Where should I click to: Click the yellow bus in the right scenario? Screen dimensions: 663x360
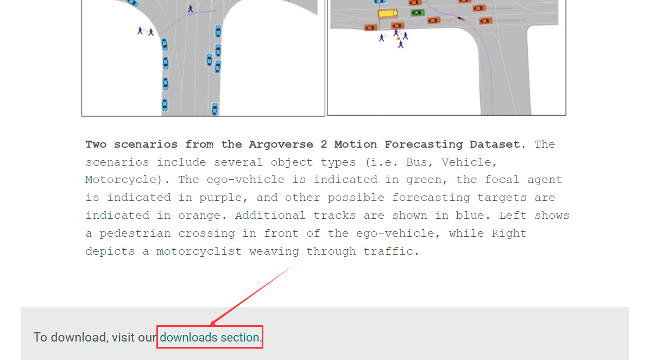coord(388,14)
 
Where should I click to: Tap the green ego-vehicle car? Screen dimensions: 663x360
coord(418,12)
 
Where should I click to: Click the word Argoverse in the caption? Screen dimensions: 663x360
coord(281,144)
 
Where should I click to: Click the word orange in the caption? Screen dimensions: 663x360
coord(199,216)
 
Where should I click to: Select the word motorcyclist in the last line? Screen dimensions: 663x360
coord(199,251)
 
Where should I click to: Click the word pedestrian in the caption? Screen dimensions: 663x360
coord(135,233)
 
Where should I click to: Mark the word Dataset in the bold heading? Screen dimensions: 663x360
coord(495,144)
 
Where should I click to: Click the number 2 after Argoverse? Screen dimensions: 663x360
coord(324,144)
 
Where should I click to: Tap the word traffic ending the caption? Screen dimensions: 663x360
coord(388,251)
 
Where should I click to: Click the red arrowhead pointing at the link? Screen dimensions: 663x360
coord(214,322)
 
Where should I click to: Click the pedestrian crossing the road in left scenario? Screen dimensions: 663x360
coord(190,9)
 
